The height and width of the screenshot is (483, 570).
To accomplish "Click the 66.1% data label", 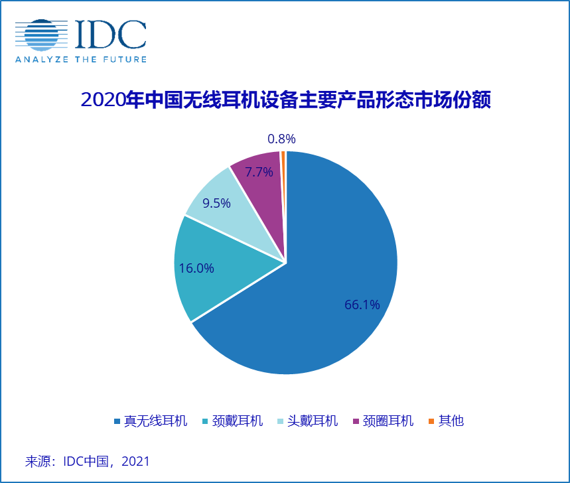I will click(x=362, y=305).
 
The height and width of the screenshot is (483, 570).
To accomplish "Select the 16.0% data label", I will click(x=196, y=268).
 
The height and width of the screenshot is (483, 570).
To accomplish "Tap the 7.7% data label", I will click(x=259, y=172).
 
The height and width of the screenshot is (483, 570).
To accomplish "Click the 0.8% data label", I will click(x=281, y=139).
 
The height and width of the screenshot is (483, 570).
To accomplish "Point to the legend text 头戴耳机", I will click(x=313, y=421).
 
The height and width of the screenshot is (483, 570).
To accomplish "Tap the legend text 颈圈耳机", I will click(x=388, y=421).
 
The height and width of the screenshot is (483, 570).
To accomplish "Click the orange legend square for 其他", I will click(x=431, y=421).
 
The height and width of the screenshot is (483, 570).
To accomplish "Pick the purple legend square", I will click(x=356, y=421).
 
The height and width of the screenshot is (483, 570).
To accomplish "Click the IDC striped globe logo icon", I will click(x=41, y=35).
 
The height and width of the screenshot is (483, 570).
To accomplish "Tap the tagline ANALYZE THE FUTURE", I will click(x=80, y=59).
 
